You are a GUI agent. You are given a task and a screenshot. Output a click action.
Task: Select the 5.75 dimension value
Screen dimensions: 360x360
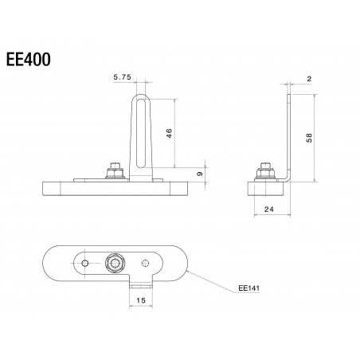pos(122,77)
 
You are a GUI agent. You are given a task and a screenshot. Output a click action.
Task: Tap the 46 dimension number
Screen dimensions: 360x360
pos(169,133)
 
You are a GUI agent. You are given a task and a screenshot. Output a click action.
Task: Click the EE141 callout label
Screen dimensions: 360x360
pos(249,291)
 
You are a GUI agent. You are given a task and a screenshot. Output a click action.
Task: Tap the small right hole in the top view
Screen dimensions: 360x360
pos(145,263)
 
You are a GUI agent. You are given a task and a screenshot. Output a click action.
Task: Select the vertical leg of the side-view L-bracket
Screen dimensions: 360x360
pos(291,135)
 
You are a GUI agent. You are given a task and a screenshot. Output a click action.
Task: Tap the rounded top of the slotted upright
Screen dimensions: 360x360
pos(141,96)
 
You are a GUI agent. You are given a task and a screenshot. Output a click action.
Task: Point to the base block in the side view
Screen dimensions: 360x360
pos(264,190)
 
